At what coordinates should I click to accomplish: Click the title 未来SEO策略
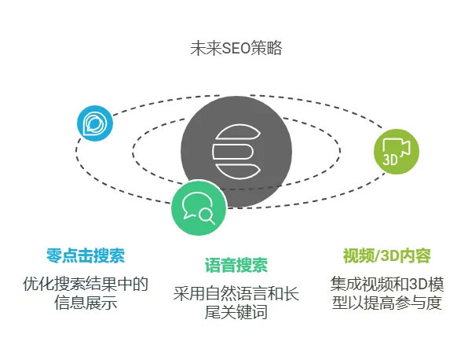tap(236, 48)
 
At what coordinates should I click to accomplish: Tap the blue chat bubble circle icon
tap(95, 123)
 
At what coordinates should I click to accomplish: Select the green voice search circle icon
tap(199, 208)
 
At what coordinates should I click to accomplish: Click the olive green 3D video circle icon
tap(397, 152)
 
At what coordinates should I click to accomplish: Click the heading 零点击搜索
tap(86, 255)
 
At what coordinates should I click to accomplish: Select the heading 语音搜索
tap(236, 266)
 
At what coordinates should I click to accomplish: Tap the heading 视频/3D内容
tap(387, 255)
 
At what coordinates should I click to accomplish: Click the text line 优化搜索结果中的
tap(86, 284)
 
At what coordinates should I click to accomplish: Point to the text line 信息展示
tap(86, 303)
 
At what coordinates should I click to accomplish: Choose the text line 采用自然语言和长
tap(236, 293)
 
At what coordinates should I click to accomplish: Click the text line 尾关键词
tap(236, 312)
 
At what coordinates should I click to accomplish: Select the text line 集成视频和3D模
tap(387, 284)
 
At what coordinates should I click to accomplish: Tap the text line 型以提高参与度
tap(387, 303)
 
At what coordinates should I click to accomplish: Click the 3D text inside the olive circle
tap(390, 160)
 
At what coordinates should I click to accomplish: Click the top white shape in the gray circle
tap(238, 132)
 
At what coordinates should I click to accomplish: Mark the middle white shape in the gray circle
tap(232, 152)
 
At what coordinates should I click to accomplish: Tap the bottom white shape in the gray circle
tap(238, 171)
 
